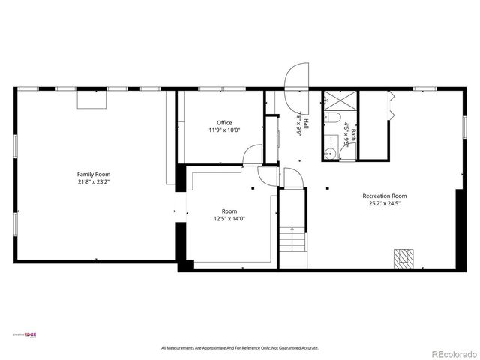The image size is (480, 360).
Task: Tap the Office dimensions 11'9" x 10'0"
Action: (x=224, y=130)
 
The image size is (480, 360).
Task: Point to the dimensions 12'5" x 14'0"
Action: (x=229, y=218)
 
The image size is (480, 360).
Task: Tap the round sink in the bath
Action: (x=328, y=154)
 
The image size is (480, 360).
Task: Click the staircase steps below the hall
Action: (x=292, y=241)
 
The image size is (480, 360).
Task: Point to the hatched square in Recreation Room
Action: (x=404, y=257)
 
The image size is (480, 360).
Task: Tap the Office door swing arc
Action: (x=253, y=154)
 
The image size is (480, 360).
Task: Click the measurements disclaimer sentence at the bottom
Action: (x=240, y=348)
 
